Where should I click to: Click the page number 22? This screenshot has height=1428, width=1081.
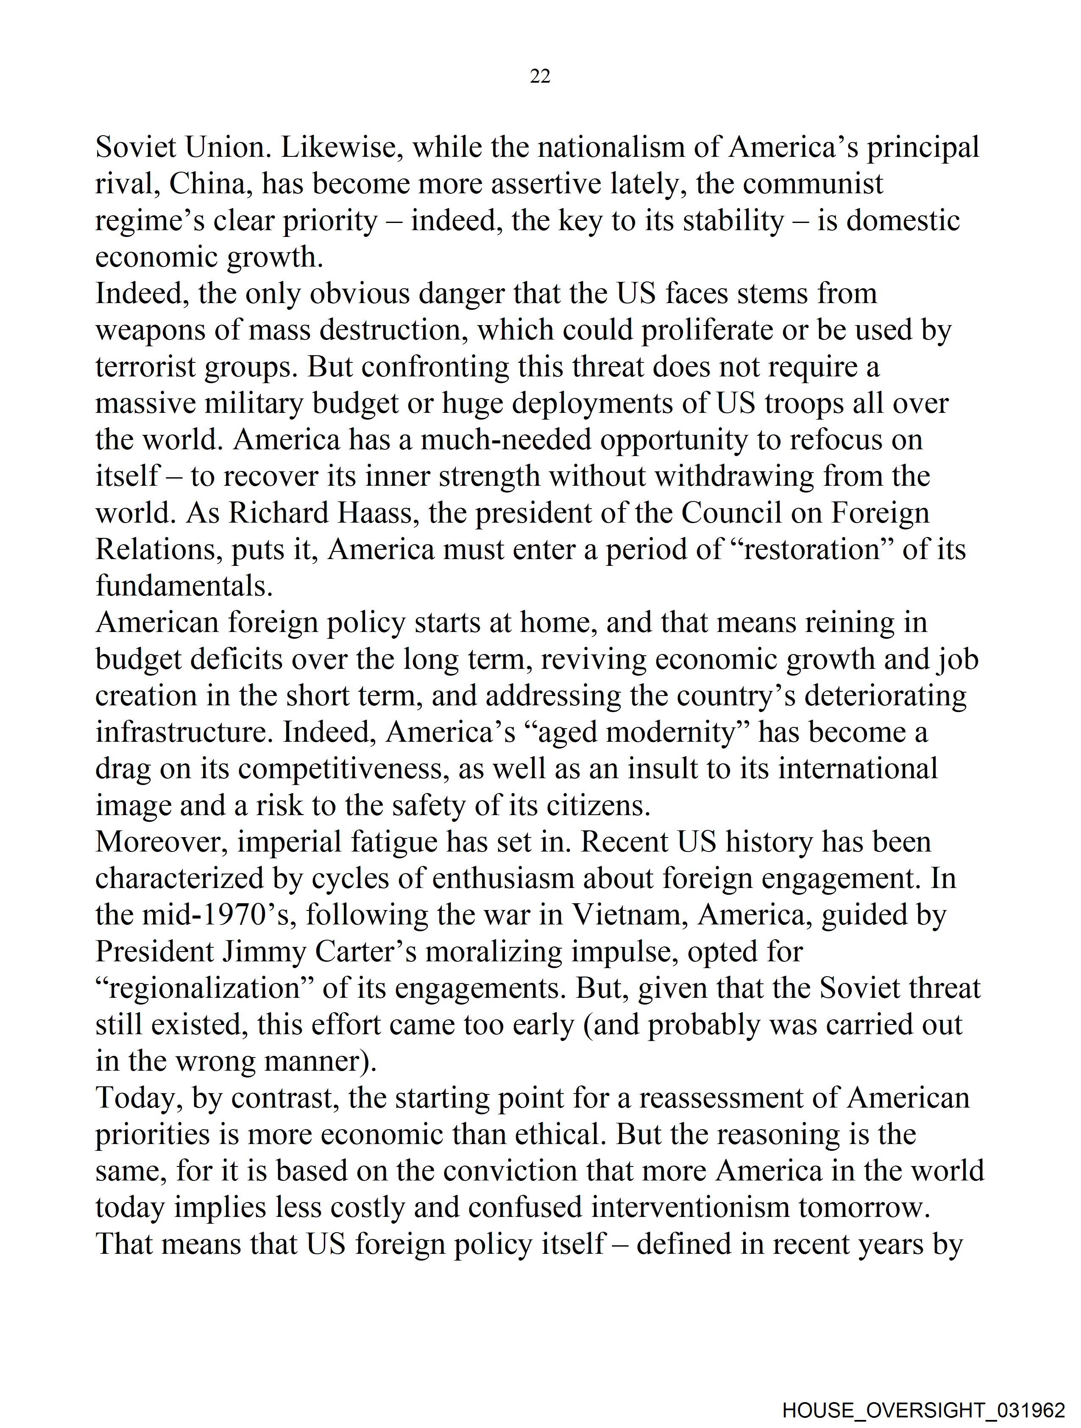pyautogui.click(x=540, y=77)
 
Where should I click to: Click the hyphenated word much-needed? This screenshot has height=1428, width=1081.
pyautogui.click(x=506, y=440)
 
